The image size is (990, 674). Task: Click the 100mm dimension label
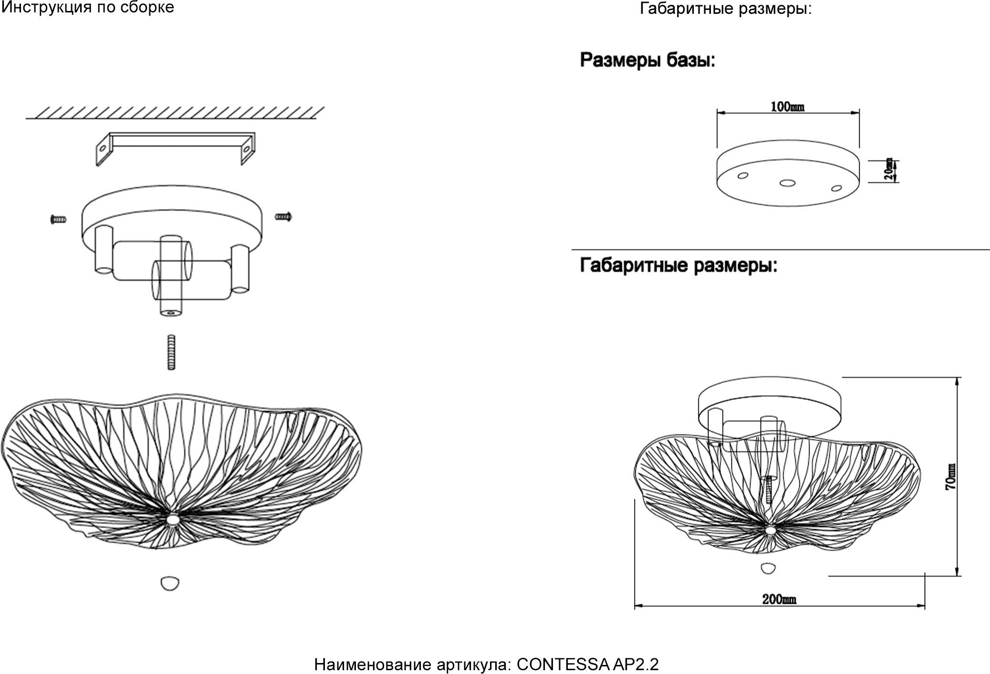coord(787,107)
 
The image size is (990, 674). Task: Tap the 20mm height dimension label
coord(889,169)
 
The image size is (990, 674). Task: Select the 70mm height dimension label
coord(950,477)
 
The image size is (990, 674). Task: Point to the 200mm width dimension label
coord(779,599)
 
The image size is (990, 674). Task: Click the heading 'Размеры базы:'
coord(647,61)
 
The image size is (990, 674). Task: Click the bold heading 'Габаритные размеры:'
coord(678,265)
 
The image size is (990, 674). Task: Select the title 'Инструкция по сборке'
coord(88,7)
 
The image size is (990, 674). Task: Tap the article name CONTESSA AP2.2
coord(587,664)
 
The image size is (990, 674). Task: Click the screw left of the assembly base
coord(58,219)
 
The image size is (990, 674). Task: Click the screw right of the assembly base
coord(283,217)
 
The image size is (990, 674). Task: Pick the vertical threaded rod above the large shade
coord(171,352)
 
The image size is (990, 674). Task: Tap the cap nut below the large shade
coord(170,583)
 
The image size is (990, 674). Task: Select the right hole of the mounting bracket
coord(247,149)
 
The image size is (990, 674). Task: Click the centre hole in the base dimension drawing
coord(787,182)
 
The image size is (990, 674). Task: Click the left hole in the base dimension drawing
coord(742,176)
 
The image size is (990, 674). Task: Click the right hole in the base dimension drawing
coord(836,188)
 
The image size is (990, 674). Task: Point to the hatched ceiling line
coord(175,113)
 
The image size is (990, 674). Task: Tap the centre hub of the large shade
coord(172,519)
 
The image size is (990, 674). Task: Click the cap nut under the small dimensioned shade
coord(768,568)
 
